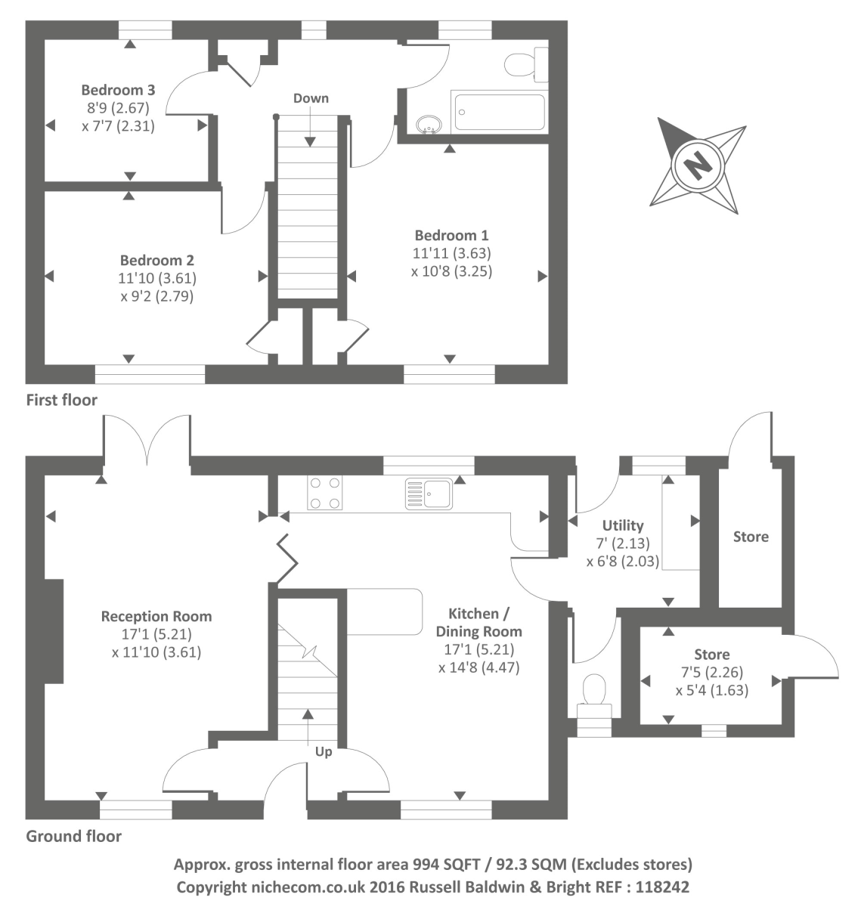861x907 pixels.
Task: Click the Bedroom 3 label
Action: pos(119,89)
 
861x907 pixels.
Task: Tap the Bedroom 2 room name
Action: pos(156,261)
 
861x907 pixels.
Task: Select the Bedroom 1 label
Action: pos(451,235)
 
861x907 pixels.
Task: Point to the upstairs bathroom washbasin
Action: pos(429,124)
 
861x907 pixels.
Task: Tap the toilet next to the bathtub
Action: pos(528,63)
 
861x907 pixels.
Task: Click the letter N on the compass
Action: pos(696,164)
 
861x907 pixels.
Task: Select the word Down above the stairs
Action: pos(311,98)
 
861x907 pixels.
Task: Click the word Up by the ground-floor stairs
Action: pos(324,751)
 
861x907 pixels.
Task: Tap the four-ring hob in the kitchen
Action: pos(324,492)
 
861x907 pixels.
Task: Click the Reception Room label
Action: pos(156,616)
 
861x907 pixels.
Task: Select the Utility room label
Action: pos(623,525)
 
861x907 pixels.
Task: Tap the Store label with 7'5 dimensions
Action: pos(712,655)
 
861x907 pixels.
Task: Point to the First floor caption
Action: pos(62,399)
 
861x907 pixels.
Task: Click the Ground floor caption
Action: pos(73,836)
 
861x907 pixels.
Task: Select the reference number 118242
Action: pos(663,887)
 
